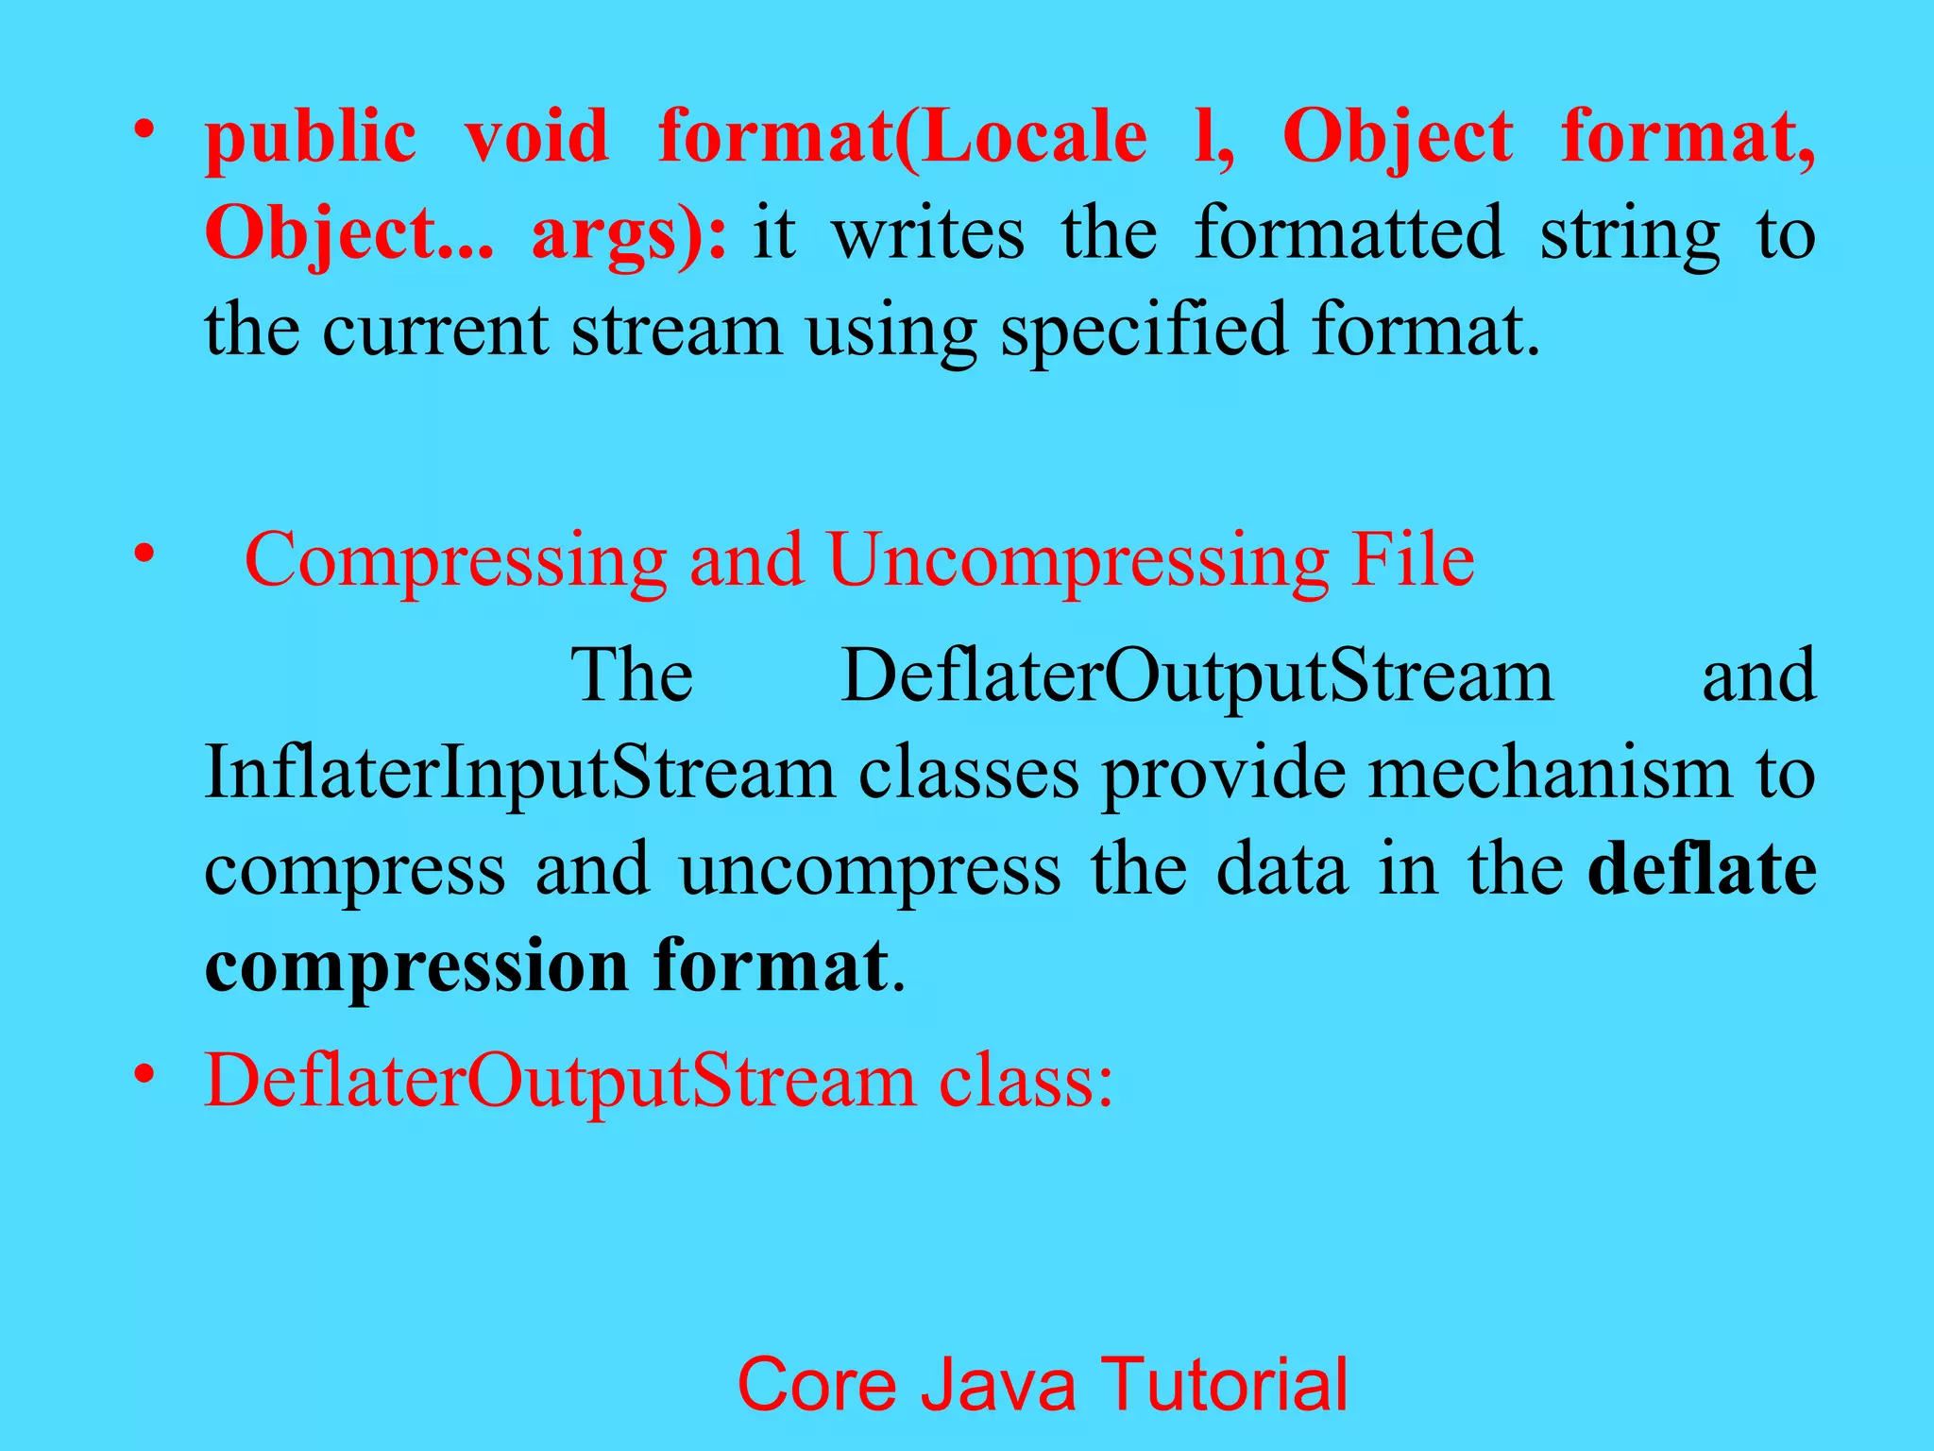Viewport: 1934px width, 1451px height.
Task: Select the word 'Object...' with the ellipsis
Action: tap(348, 233)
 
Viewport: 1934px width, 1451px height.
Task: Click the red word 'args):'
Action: tap(629, 233)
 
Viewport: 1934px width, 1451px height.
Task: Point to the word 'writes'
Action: tap(927, 233)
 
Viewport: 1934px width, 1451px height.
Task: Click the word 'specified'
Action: tap(1143, 331)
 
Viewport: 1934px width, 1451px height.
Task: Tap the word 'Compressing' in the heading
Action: tap(455, 561)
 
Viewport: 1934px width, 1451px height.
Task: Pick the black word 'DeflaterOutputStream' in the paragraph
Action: tap(1196, 676)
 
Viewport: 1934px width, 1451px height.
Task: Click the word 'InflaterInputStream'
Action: tap(519, 773)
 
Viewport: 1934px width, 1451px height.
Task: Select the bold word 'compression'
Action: tap(416, 965)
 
